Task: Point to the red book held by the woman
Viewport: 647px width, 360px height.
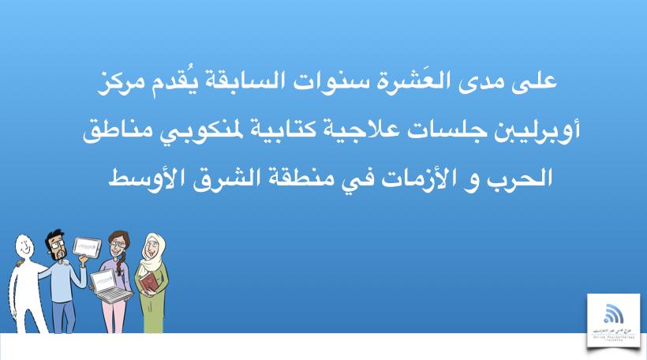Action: [x=149, y=279]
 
